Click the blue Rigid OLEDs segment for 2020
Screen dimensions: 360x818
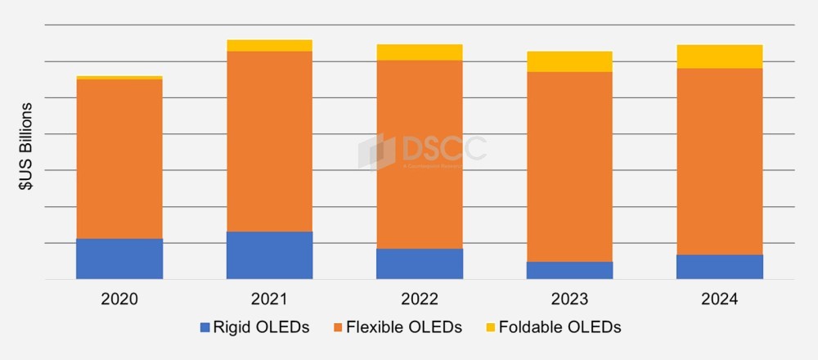119,259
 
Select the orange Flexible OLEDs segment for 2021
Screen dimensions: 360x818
269,141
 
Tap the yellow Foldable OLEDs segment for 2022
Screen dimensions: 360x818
420,52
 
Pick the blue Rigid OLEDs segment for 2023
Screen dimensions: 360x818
570,270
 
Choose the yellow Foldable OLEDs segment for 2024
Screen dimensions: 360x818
720,56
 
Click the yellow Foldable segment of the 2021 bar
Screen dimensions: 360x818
269,45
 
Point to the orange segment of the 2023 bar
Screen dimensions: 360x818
570,167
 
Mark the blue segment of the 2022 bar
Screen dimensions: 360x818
420,263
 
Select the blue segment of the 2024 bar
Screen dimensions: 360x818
720,267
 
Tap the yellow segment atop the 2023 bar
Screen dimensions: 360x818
570,61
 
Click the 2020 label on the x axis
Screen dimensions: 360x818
119,299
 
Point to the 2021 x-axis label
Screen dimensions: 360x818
269,299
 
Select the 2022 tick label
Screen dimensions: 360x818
420,299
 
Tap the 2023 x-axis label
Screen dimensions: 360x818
570,299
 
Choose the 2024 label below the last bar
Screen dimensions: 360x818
720,299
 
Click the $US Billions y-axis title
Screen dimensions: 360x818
27,147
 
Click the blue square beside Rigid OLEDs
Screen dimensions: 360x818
204,327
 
